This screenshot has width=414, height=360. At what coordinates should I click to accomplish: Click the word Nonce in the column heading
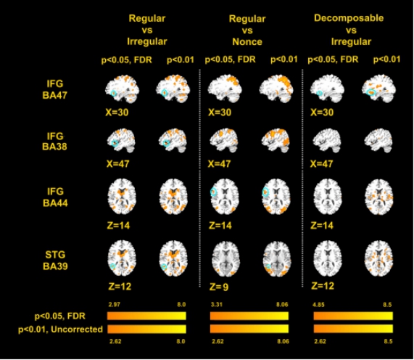click(x=247, y=42)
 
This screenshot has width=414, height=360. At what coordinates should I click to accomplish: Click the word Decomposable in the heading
click(x=349, y=18)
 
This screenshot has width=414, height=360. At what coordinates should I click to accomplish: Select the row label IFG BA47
click(x=55, y=89)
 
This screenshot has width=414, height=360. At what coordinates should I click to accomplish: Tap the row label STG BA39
click(x=55, y=261)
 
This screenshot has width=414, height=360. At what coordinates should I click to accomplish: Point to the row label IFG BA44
click(x=55, y=197)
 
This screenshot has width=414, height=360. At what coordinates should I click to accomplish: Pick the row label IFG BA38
click(x=54, y=141)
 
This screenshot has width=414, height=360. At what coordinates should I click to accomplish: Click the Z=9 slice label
click(x=219, y=287)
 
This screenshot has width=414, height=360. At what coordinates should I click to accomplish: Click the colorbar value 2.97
click(x=114, y=305)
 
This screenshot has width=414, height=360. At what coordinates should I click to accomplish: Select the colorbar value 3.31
click(x=217, y=305)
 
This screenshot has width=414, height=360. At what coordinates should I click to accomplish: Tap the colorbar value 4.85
click(x=318, y=305)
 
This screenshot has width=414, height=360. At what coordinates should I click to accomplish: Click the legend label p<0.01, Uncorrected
click(x=60, y=330)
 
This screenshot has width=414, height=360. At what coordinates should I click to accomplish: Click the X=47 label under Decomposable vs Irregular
click(x=321, y=164)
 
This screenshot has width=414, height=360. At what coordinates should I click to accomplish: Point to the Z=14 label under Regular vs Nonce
click(x=220, y=226)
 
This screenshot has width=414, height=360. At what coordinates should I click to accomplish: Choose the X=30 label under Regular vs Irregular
click(x=117, y=112)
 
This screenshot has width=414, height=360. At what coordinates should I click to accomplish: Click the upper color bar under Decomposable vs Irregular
click(x=353, y=316)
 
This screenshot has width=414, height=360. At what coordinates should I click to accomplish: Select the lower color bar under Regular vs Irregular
click(x=146, y=329)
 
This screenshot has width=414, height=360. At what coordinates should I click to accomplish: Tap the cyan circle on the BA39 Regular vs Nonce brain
click(x=268, y=266)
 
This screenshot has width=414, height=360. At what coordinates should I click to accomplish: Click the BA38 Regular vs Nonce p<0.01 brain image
click(x=276, y=141)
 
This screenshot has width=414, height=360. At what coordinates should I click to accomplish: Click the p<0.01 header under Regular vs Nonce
click(x=284, y=60)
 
